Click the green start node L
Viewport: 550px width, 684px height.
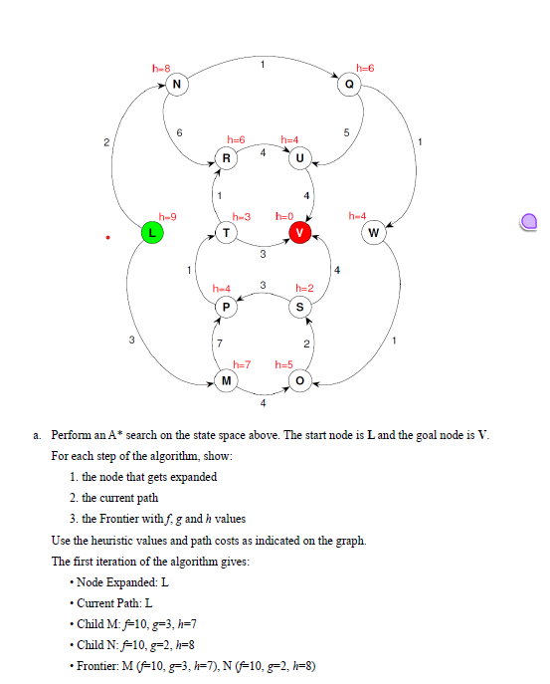tap(151, 233)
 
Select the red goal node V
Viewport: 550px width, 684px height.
tap(299, 233)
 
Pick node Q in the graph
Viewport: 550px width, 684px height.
tap(349, 84)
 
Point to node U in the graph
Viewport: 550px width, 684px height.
tap(299, 157)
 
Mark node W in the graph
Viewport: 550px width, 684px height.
tap(373, 233)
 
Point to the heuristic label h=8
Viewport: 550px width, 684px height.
tap(161, 67)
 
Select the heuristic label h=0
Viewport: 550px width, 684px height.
tap(285, 216)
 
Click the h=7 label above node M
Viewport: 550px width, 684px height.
tap(242, 364)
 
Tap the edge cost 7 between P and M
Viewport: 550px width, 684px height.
tap(219, 343)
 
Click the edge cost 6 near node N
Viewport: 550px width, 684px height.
tap(179, 133)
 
